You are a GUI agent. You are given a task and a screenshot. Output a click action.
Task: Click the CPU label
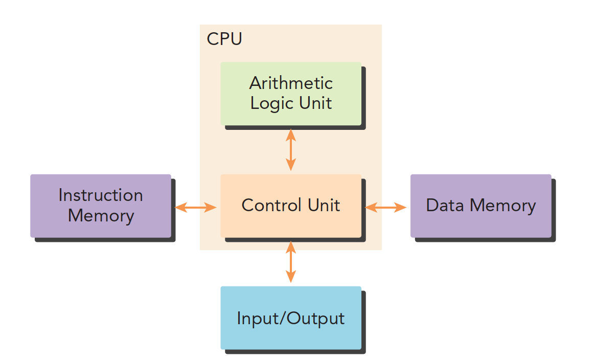click(x=224, y=39)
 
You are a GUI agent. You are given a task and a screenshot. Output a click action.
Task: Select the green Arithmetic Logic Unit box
click(x=291, y=94)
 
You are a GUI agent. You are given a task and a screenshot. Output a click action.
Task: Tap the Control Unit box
click(x=291, y=206)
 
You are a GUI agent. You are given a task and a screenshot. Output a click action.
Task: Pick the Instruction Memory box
click(x=101, y=206)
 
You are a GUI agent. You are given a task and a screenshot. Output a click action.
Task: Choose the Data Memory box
click(x=481, y=206)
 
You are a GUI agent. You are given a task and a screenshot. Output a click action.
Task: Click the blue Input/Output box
click(x=291, y=318)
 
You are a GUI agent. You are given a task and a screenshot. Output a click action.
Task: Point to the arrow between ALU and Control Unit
click(x=291, y=149)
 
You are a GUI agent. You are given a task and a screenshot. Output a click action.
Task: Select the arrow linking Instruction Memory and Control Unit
click(x=196, y=207)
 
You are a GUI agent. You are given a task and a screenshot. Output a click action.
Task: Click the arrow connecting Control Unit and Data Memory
click(x=386, y=207)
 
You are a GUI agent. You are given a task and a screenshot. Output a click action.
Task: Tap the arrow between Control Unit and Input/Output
click(x=291, y=261)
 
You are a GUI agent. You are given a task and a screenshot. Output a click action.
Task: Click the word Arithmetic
click(x=291, y=83)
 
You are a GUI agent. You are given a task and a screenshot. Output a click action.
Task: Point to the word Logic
click(x=270, y=103)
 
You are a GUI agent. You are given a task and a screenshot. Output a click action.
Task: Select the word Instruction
click(x=101, y=195)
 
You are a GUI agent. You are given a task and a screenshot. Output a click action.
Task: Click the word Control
click(x=270, y=206)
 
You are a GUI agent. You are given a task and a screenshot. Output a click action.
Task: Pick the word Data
click(x=445, y=206)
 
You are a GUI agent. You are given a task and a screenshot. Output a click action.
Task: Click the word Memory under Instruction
click(x=101, y=216)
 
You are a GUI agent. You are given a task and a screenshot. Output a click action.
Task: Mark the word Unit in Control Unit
click(x=324, y=206)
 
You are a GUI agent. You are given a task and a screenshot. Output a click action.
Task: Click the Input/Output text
click(x=291, y=319)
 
